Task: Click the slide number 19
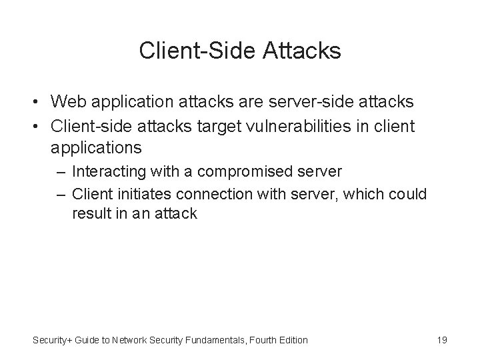point(441,340)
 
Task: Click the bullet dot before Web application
point(39,102)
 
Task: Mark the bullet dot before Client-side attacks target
point(39,125)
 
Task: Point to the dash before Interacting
point(62,171)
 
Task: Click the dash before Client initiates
point(62,193)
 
